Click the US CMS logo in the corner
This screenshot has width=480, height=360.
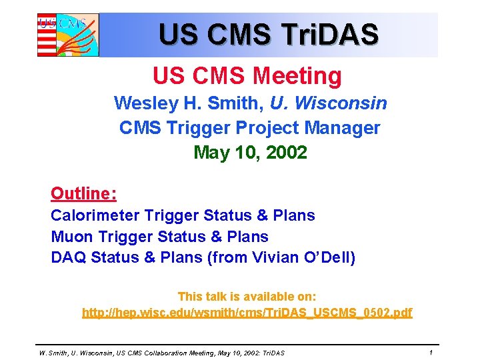click(67, 35)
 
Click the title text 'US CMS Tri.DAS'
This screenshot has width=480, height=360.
click(269, 34)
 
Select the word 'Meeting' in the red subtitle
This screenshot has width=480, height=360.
click(297, 76)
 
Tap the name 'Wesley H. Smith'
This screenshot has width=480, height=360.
click(189, 103)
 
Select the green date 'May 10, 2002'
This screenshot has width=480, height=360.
click(250, 153)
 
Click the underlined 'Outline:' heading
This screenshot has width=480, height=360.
click(84, 193)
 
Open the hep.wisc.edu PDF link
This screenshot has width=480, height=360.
click(247, 313)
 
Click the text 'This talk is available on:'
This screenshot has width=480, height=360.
click(247, 296)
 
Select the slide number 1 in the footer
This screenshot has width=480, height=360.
click(431, 352)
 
